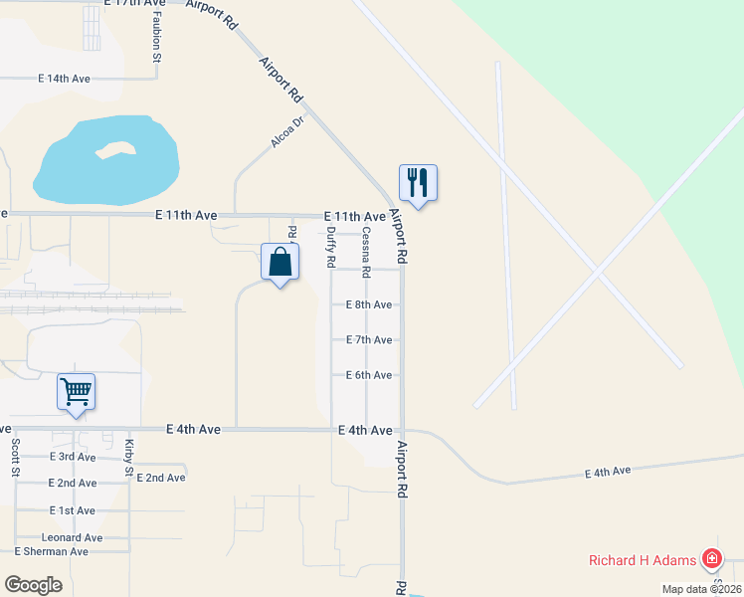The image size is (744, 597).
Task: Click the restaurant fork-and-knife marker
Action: (418, 183)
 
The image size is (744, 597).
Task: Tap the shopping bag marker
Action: (279, 263)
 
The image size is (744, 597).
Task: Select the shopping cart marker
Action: (76, 391)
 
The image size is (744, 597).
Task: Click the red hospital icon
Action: (712, 559)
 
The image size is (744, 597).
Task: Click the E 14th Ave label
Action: (64, 79)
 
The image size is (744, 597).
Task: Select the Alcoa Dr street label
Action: (286, 132)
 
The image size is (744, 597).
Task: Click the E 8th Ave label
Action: (368, 305)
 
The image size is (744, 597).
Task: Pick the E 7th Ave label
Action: (368, 340)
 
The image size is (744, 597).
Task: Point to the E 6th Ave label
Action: (368, 375)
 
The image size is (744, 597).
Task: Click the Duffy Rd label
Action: (331, 247)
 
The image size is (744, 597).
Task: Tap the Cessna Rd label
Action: (366, 252)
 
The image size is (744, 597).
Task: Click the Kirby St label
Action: (129, 458)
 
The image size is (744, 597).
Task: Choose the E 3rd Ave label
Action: (73, 457)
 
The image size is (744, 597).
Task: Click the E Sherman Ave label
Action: (51, 551)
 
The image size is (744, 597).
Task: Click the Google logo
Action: (33, 584)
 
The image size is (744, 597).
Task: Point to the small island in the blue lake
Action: (115, 150)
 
